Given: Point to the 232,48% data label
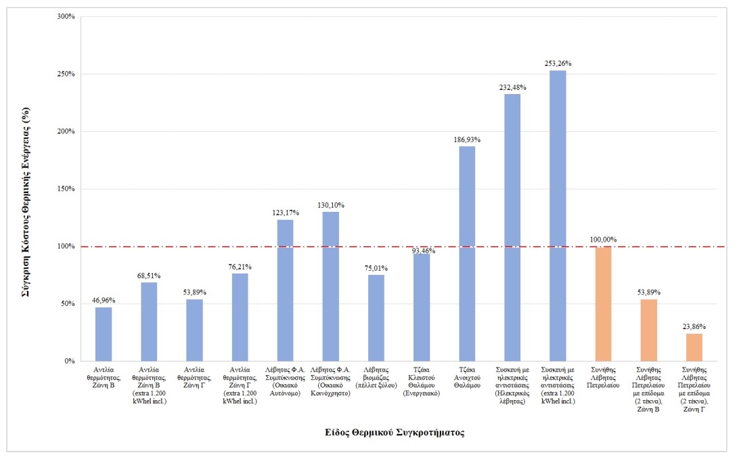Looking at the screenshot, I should (512, 87).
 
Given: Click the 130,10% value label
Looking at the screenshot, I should (331, 205).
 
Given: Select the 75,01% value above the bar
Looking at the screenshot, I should (376, 268).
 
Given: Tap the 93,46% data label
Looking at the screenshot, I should (422, 251).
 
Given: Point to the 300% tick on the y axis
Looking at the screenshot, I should (65, 16).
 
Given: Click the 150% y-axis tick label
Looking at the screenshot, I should (65, 189).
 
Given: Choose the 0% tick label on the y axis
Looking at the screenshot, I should (69, 361).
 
